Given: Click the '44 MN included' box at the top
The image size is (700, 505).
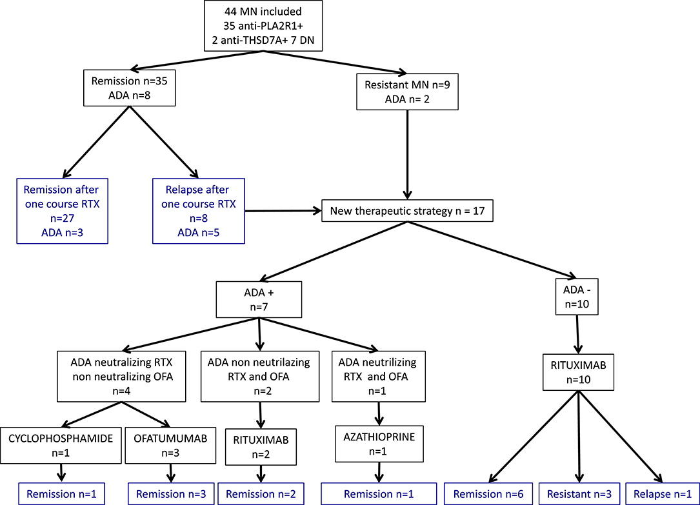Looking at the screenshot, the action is [263, 26].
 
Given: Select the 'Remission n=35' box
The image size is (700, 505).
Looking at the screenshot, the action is [130, 88].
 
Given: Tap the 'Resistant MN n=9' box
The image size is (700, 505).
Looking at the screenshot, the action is [407, 92].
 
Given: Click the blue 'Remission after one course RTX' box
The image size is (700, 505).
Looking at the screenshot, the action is [63, 211].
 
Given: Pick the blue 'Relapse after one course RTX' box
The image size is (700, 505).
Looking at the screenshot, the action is [199, 211].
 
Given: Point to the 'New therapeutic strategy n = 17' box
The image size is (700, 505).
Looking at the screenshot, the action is [407, 210].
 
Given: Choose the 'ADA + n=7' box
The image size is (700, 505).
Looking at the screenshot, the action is [259, 299].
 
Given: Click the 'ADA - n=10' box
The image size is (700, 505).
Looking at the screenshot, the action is [577, 297].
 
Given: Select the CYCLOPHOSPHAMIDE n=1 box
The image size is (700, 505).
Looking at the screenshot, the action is [61, 445].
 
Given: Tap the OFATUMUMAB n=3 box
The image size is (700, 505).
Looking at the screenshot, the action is [170, 445].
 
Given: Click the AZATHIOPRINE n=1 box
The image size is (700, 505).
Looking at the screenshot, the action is [379, 444].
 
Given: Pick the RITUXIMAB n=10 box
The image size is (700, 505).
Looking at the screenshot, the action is [578, 373].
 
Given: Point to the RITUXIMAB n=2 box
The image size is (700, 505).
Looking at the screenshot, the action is [261, 447].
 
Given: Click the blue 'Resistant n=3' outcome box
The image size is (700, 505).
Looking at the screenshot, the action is [579, 494].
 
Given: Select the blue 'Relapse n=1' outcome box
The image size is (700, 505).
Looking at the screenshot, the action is [663, 494].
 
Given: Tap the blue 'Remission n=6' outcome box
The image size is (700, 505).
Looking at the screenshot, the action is [488, 494].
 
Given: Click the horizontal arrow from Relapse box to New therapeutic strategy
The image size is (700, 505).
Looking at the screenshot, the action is [283, 210].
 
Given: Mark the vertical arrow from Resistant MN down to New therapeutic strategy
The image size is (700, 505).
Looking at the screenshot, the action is [407, 154].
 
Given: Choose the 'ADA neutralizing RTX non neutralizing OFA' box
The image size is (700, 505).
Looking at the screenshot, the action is [121, 377].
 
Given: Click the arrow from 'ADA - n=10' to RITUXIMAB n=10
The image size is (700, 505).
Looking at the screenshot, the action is [577, 335].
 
